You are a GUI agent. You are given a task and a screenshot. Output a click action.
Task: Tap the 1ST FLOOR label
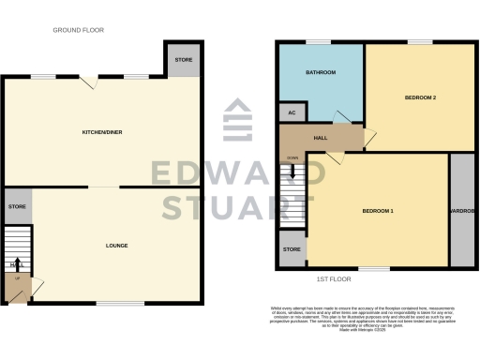tap(335, 278)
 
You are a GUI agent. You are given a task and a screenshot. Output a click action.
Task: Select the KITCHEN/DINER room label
tap(102, 132)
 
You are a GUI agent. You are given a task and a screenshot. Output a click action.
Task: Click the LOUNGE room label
tap(117, 246)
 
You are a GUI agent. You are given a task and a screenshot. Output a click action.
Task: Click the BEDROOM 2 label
tap(420, 97)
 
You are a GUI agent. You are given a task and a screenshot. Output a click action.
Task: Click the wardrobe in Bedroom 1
tap(462, 210)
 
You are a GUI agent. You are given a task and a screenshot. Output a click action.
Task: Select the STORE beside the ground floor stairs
tap(16, 206)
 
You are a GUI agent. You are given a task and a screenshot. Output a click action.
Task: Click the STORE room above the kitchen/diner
tap(184, 60)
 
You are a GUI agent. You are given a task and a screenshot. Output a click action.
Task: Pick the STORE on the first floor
tap(292, 249)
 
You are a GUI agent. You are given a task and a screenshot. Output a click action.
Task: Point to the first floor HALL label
tap(320, 138)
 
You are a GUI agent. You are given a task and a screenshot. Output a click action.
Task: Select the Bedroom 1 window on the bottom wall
tap(374, 269)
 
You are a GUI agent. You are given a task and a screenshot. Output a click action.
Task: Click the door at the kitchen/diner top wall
tap(89, 82)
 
